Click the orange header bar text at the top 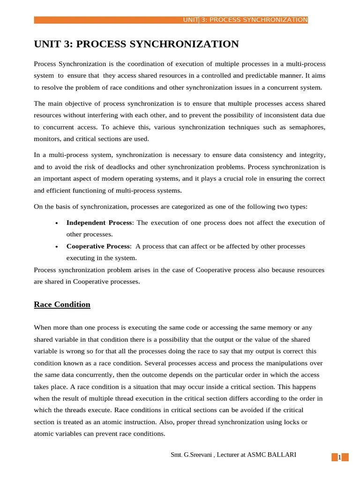point(245,20)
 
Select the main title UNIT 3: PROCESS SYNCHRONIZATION point(136,45)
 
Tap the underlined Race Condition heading point(62,305)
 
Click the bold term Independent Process point(100,223)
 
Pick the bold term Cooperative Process point(98,246)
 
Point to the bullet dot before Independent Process point(56,223)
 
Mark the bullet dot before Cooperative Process point(56,247)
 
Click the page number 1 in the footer point(340,457)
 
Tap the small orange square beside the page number point(334,457)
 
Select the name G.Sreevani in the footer point(197,455)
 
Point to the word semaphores point(306,127)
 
